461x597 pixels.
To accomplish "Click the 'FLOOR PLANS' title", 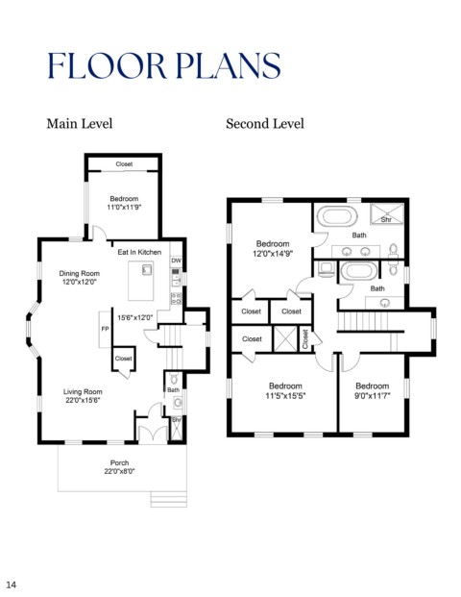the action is [164, 65].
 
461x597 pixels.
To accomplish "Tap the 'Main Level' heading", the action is [79, 124].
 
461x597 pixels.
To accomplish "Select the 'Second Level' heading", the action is [265, 124].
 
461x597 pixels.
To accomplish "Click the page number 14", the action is [11, 585].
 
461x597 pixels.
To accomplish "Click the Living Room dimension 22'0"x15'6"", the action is [83, 400].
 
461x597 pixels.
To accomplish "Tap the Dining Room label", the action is [79, 273].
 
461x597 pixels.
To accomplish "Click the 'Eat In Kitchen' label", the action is [139, 252].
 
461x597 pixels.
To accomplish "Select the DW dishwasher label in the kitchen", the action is [176, 261].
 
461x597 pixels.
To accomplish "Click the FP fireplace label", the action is [105, 329].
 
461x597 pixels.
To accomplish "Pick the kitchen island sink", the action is [147, 270].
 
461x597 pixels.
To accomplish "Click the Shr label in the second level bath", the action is [386, 220].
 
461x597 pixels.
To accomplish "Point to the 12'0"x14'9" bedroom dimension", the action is [273, 253].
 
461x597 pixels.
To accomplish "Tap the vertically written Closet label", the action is [305, 339].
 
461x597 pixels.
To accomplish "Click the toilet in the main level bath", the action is [174, 379].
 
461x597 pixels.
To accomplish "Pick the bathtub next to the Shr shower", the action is [337, 216].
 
